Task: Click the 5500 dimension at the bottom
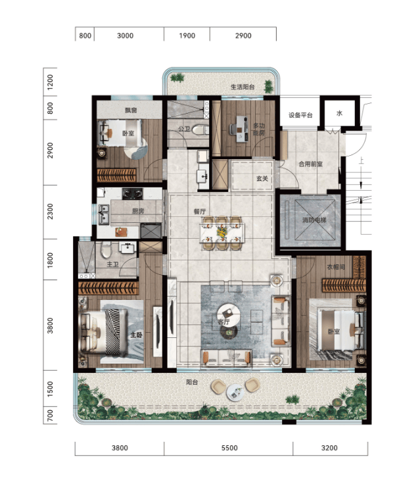tap(229, 448)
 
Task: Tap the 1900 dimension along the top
tap(187, 36)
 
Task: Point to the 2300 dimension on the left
tap(50, 212)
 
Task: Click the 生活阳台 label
tap(243, 87)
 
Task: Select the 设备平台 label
tap(300, 115)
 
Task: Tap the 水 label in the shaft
tap(339, 113)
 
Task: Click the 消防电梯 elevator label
tap(314, 220)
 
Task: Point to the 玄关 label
tap(262, 179)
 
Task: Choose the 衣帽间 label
tap(336, 267)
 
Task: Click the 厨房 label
tap(138, 211)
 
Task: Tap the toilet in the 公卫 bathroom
tap(200, 130)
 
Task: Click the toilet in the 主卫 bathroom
tap(106, 250)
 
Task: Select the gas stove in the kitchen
tap(132, 193)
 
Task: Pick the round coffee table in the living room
tap(229, 314)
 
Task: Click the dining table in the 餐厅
tap(221, 233)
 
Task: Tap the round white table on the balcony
tap(235, 393)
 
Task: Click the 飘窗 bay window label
tap(131, 110)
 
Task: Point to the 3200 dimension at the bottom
tap(329, 448)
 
